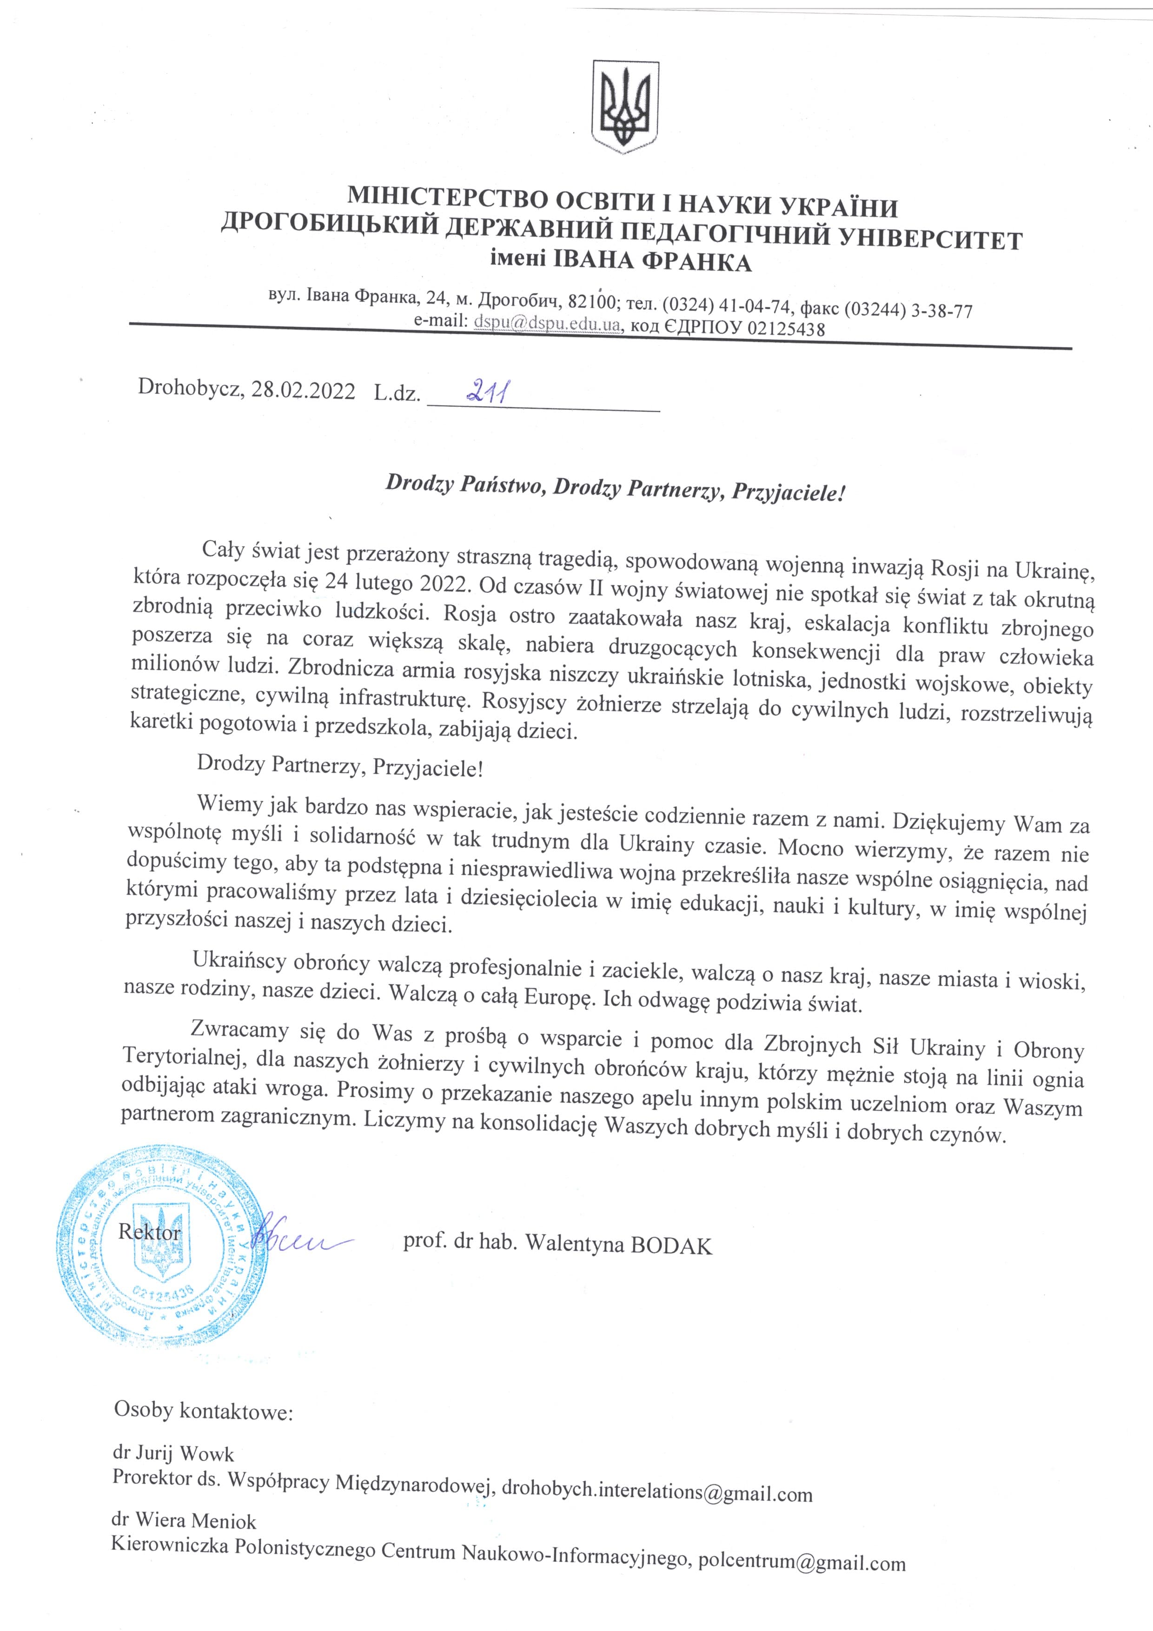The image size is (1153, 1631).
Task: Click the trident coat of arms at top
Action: tap(624, 106)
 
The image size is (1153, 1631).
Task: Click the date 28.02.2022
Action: tap(303, 389)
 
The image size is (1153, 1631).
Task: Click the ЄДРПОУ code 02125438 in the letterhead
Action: tap(780, 329)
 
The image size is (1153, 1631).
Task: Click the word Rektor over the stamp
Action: tap(149, 1231)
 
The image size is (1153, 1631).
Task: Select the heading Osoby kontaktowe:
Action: tap(203, 1410)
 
